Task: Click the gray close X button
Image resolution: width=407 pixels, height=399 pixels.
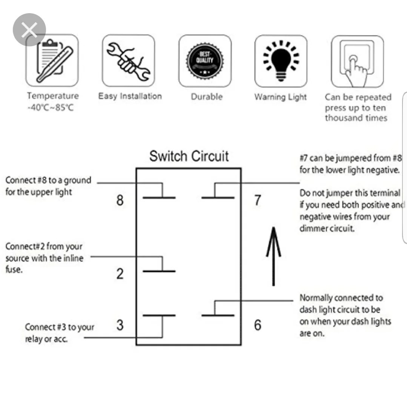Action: (29, 30)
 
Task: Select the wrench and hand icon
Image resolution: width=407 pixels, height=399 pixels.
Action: (128, 61)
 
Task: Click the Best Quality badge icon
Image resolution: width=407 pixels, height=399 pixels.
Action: (205, 61)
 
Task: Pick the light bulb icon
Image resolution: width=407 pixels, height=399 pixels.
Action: (281, 61)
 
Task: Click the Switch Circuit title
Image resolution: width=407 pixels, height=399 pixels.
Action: (189, 156)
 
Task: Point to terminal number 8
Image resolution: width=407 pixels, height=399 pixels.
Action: (120, 200)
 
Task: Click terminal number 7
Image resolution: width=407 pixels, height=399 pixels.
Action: (257, 200)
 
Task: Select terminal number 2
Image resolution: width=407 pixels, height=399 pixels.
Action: (120, 274)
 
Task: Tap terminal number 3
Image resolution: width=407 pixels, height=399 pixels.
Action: (120, 325)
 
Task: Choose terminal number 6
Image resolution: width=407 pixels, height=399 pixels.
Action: (257, 325)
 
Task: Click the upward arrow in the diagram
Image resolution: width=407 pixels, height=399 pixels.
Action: (273, 256)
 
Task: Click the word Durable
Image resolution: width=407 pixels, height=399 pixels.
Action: (206, 97)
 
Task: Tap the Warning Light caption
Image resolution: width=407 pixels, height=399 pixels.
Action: (280, 97)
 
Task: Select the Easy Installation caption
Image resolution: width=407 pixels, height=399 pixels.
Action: (130, 96)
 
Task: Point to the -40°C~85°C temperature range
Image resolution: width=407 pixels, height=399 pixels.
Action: (51, 108)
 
